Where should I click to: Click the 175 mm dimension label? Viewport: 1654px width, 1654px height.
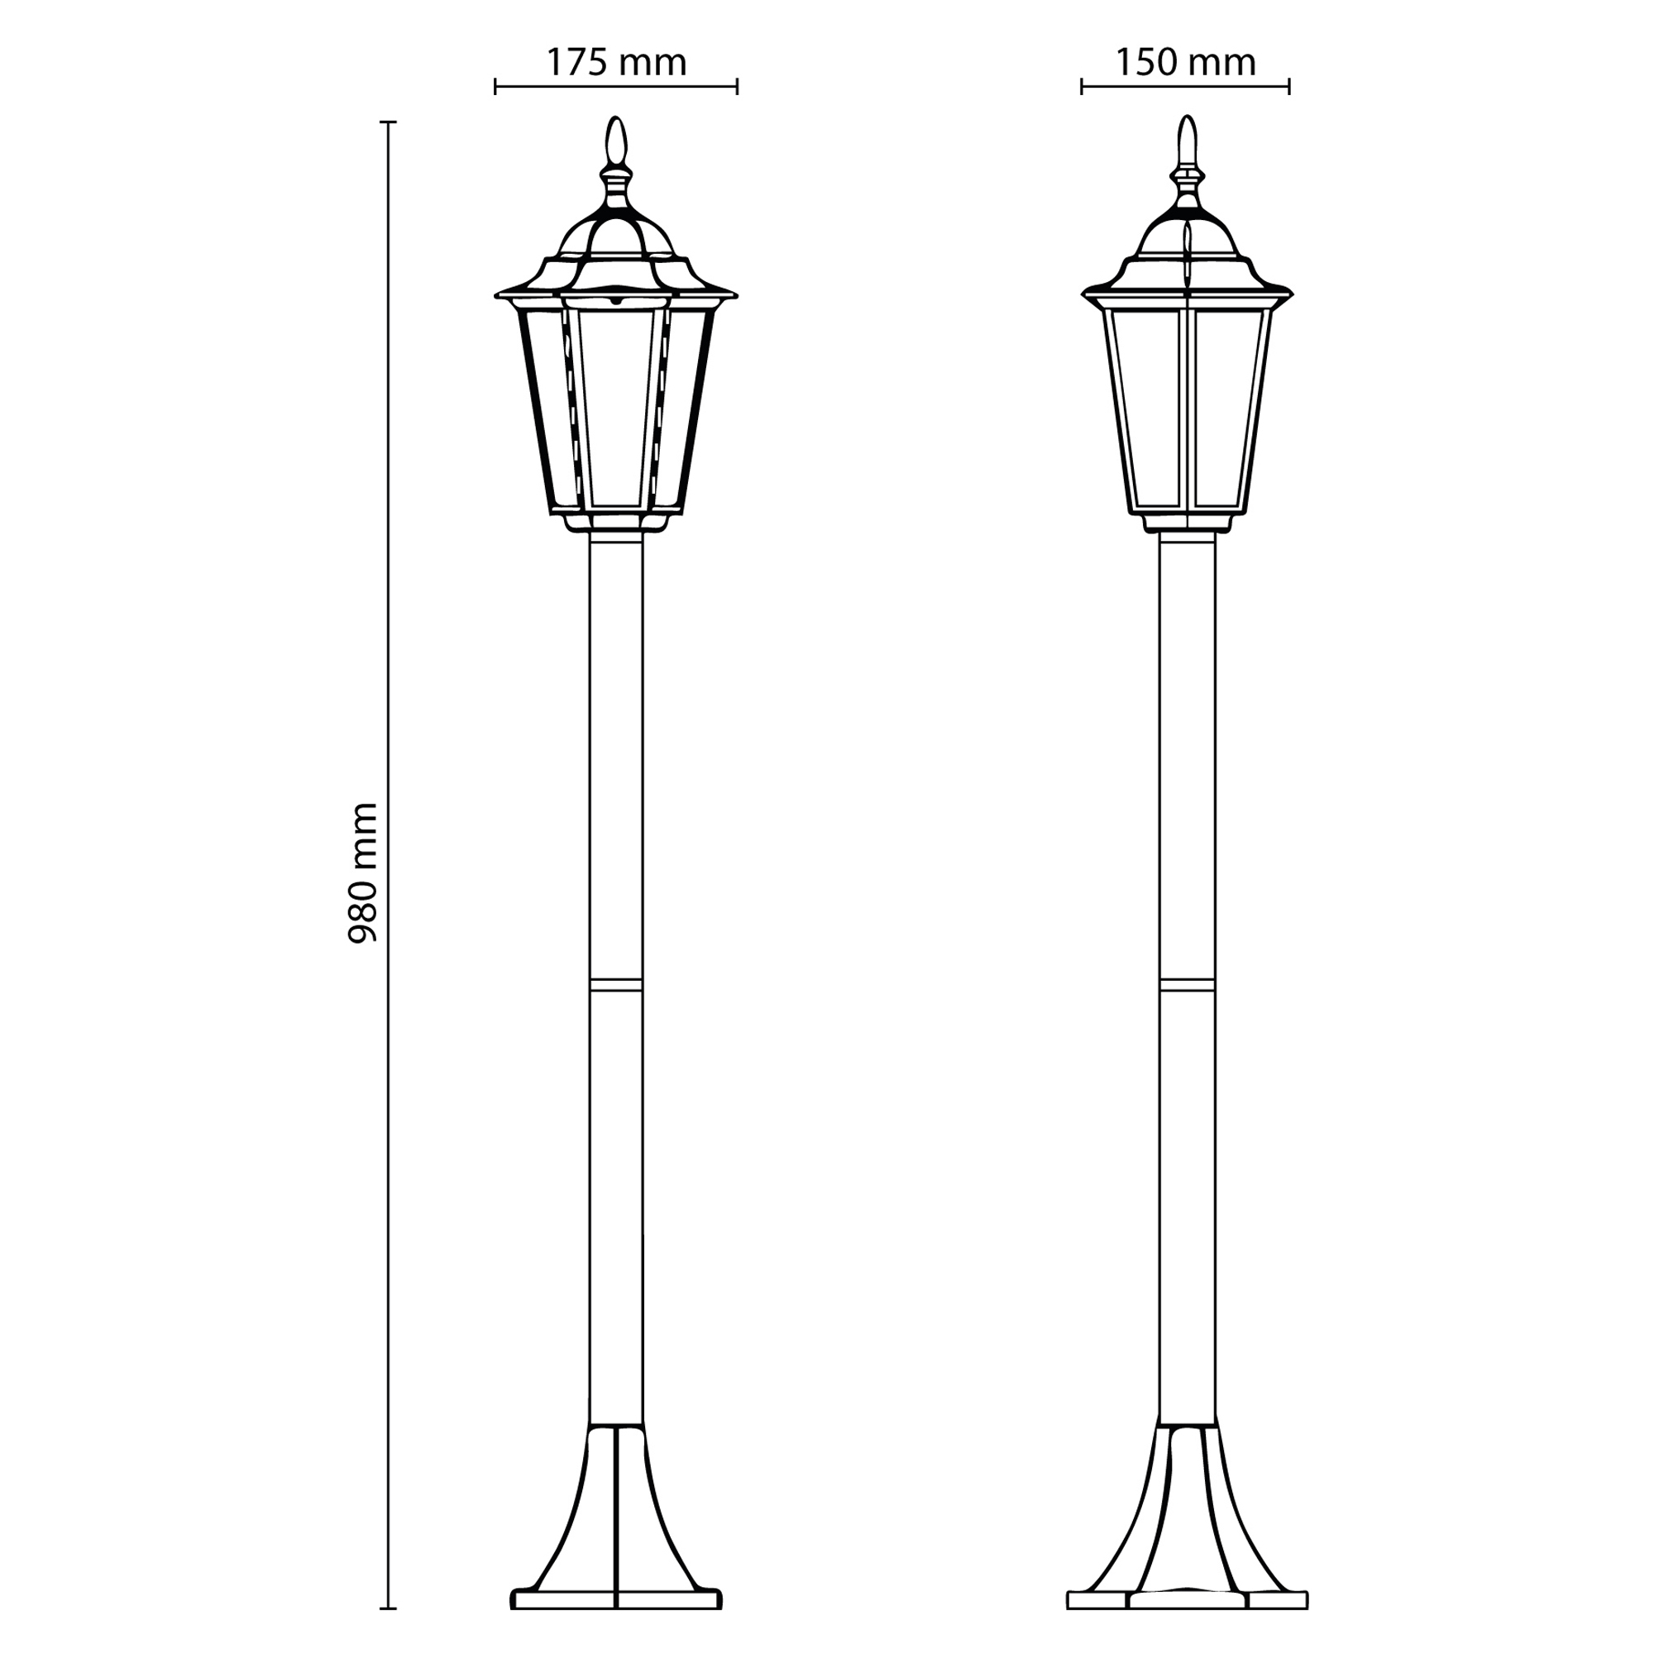[x=616, y=63]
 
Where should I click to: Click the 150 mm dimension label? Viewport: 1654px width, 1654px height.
[x=1186, y=63]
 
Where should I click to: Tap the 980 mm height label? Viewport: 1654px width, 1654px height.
[x=363, y=874]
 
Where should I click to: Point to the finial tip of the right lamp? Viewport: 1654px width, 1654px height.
[x=1187, y=117]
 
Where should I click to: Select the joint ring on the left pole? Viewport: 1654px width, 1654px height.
[x=616, y=986]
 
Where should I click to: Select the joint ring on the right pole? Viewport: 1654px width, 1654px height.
[x=1187, y=986]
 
